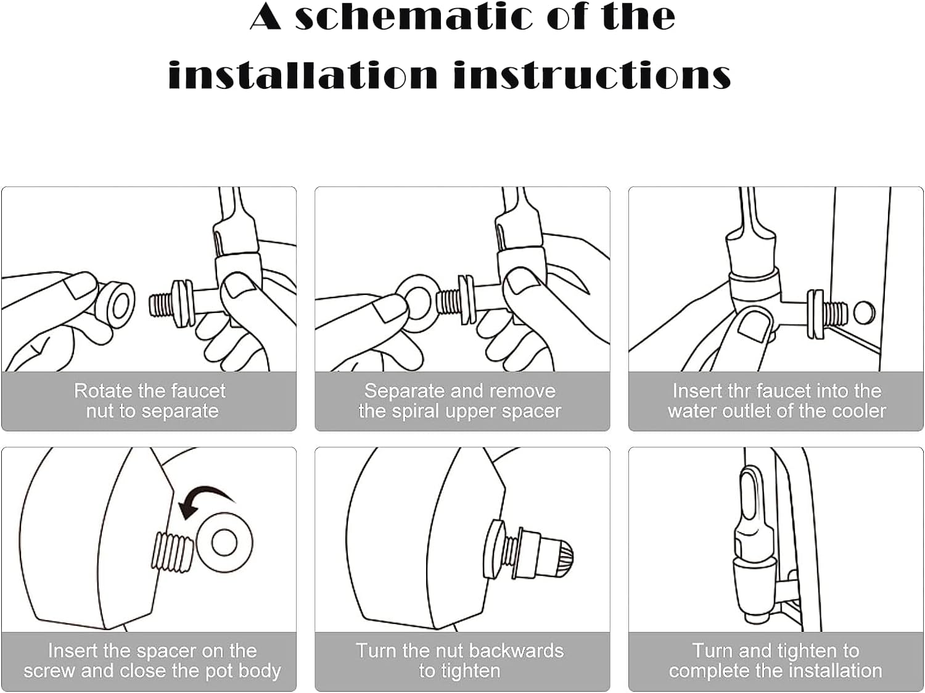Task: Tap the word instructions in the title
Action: tap(592, 75)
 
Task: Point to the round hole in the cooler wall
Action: tap(864, 313)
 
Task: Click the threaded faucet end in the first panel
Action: tap(162, 304)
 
